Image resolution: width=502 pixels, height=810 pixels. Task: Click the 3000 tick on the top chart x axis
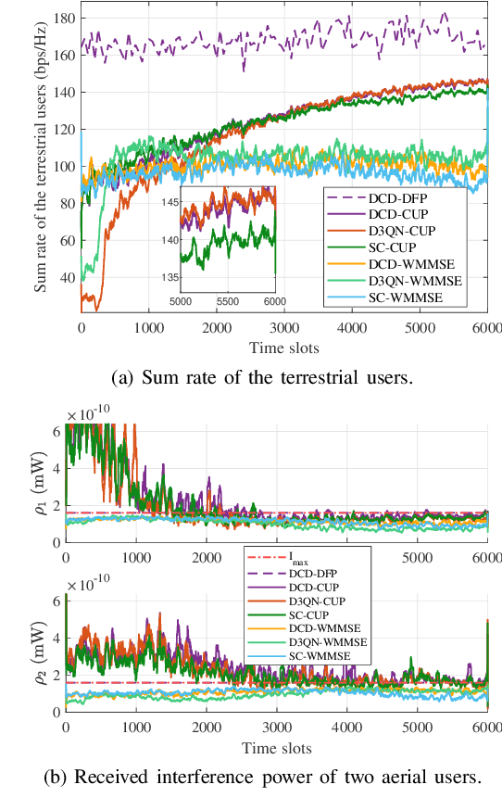point(283,328)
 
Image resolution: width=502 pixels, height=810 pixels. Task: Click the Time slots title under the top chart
point(283,347)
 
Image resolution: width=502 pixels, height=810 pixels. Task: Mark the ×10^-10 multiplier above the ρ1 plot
point(94,414)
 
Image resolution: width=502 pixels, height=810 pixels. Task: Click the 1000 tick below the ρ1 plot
point(135,558)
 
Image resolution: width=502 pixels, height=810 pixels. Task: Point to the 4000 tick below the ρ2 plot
point(346,728)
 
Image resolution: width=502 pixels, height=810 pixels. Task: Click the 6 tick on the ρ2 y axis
point(55,600)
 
